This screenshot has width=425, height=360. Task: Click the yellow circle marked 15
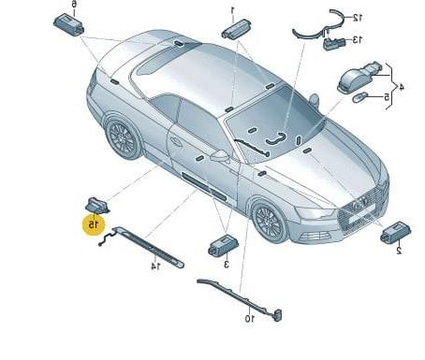point(94,224)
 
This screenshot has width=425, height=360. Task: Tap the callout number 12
point(357,18)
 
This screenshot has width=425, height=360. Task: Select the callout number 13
point(357,40)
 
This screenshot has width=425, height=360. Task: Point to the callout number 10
point(249,319)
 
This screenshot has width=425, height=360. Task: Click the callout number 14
point(155,266)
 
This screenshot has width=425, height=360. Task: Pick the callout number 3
point(227,265)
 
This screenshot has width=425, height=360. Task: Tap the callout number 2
point(399,251)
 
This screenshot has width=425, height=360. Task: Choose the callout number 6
point(74,4)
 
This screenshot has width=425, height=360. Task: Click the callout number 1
point(232,10)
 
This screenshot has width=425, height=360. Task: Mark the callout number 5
point(387,97)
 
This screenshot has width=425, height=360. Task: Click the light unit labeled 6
point(69,25)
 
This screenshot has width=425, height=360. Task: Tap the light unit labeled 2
point(395,233)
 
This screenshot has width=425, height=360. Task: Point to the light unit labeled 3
point(223,246)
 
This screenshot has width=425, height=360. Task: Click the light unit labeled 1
point(236,28)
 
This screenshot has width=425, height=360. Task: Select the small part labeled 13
point(334,44)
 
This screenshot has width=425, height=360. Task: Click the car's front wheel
point(269,222)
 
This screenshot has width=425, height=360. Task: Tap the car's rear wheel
point(123,138)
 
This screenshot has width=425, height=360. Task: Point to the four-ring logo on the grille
point(359,204)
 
